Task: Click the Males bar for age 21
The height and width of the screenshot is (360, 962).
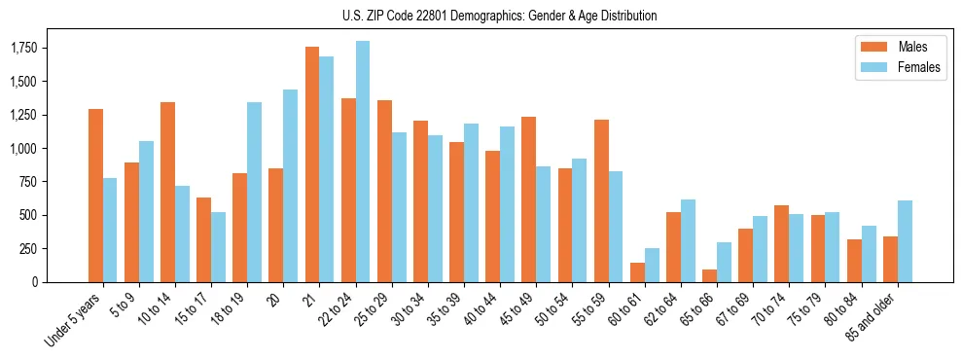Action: pyautogui.click(x=312, y=164)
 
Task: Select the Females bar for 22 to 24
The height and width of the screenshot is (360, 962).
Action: pyautogui.click(x=363, y=162)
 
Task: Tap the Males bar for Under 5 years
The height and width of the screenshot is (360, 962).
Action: pyautogui.click(x=95, y=196)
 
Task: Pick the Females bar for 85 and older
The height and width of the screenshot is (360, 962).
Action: pyautogui.click(x=904, y=241)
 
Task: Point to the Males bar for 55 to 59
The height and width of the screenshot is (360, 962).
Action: pyautogui.click(x=601, y=200)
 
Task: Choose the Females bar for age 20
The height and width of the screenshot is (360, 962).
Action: pyautogui.click(x=291, y=186)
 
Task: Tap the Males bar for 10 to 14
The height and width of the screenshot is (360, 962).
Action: pyautogui.click(x=167, y=192)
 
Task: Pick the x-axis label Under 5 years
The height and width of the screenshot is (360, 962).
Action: pyautogui.click(x=74, y=320)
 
